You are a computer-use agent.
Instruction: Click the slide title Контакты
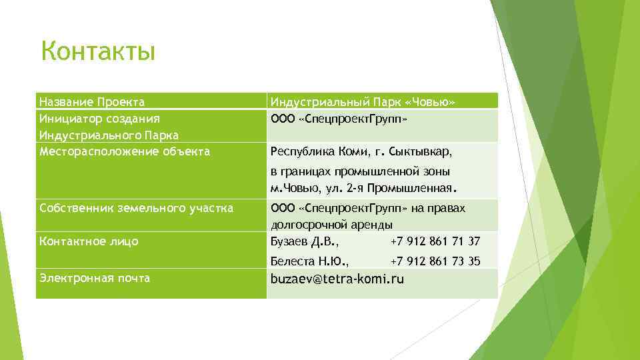pyautogui.click(x=98, y=51)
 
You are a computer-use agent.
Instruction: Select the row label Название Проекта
pyautogui.click(x=92, y=102)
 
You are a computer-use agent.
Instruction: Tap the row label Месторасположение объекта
pyautogui.click(x=125, y=151)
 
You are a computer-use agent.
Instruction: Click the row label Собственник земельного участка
pyautogui.click(x=136, y=209)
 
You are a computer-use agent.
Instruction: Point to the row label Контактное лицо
pyautogui.click(x=89, y=241)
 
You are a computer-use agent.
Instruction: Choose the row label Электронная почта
pyautogui.click(x=94, y=278)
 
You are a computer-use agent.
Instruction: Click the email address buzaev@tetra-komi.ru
pyautogui.click(x=337, y=279)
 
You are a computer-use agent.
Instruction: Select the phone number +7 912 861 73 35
pyautogui.click(x=435, y=261)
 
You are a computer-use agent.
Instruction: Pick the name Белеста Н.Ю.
pyautogui.click(x=309, y=261)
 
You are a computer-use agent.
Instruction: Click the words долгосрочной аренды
pyautogui.click(x=331, y=225)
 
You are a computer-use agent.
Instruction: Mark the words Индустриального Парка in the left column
pyautogui.click(x=109, y=135)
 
